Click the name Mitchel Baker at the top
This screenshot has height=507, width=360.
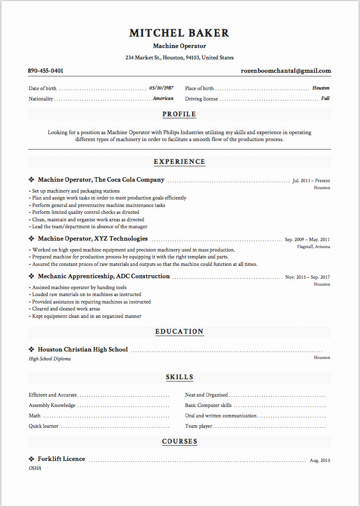[x=179, y=33]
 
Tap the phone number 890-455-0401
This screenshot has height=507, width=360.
[x=46, y=71]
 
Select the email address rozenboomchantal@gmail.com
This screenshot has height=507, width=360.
[x=286, y=71]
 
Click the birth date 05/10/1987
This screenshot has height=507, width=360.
[x=161, y=88]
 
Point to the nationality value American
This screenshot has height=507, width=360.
[x=163, y=99]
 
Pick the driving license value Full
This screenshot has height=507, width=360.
[x=325, y=99]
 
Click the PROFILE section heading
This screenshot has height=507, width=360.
[x=179, y=114]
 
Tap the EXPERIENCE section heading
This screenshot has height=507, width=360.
[x=179, y=162]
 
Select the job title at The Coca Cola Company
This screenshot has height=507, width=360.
[x=101, y=180]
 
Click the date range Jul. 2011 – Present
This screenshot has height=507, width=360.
[x=311, y=181]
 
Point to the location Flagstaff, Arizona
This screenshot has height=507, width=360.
[x=313, y=247]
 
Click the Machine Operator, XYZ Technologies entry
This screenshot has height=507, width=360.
[x=93, y=239]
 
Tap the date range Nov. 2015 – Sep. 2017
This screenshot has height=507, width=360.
[x=307, y=277]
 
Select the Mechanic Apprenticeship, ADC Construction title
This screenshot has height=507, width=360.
[x=103, y=276]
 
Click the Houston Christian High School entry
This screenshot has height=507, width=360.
[x=83, y=350]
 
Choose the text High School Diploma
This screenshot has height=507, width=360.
[x=50, y=359]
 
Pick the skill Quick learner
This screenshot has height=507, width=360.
[x=44, y=426]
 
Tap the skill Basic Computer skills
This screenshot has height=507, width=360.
[x=208, y=406]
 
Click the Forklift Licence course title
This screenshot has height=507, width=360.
[x=61, y=459]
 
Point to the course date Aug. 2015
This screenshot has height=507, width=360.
[x=319, y=460]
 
